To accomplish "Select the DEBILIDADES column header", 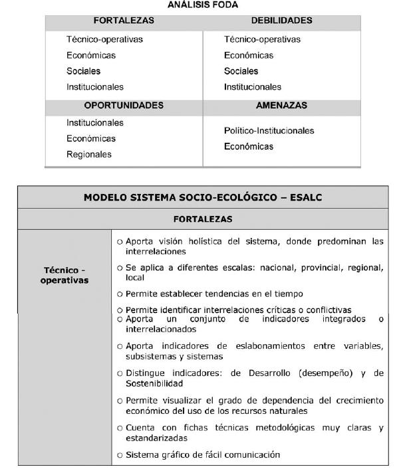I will pyautogui.click(x=281, y=21).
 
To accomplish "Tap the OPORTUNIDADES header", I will pyautogui.click(x=124, y=106).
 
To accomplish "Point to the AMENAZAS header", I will pyautogui.click(x=281, y=106).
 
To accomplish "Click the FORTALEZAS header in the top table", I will pyautogui.click(x=124, y=21).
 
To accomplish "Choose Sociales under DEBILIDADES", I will pyautogui.click(x=241, y=71).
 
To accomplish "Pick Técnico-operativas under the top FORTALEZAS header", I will pyautogui.click(x=104, y=39).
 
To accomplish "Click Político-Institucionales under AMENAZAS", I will pyautogui.click(x=269, y=131).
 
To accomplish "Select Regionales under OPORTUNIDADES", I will pyautogui.click(x=89, y=155).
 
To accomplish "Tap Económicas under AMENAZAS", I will pyautogui.click(x=249, y=147).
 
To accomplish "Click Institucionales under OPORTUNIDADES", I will pyautogui.click(x=95, y=123).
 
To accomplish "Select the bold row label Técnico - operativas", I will pyautogui.click(x=65, y=274).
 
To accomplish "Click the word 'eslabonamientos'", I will pyautogui.click(x=245, y=346).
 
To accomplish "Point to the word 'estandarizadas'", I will pyautogui.click(x=157, y=438).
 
